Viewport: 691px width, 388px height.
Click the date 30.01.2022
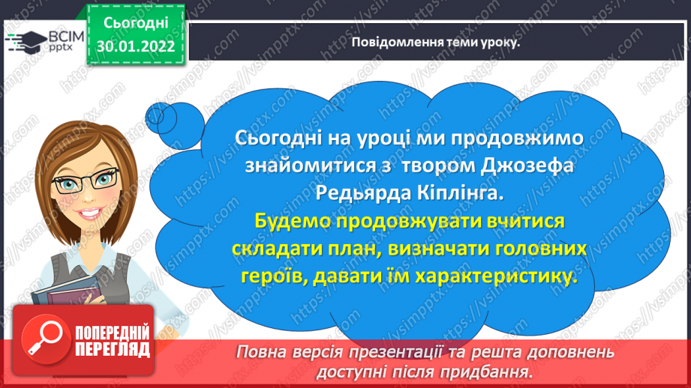pos(136,46)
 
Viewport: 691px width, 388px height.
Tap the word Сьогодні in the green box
pos(136,23)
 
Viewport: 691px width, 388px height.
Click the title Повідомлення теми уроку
pos(435,42)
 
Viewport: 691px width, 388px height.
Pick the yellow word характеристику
pos(496,276)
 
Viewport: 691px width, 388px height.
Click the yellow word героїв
pos(273,276)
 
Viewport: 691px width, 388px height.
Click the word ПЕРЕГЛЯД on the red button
pos(113,350)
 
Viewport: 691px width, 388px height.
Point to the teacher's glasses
pos(85,181)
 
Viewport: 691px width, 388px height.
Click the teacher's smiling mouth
pos(90,213)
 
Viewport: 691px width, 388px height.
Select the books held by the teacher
pos(66,293)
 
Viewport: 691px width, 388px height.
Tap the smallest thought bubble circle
pos(155,115)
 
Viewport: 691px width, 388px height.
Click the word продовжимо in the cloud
pos(518,138)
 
